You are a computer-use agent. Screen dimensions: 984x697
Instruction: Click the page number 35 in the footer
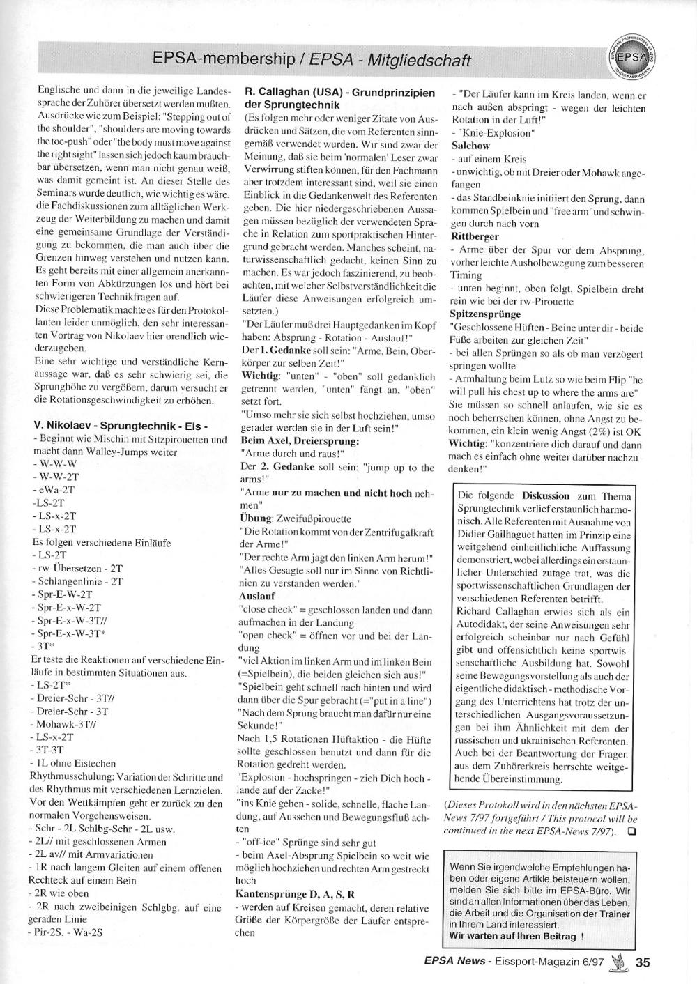pos(643,962)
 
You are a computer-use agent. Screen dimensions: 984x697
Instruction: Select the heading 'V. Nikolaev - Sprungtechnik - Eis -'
pos(121,426)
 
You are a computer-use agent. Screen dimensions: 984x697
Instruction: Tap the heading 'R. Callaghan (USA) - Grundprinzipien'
pos(340,92)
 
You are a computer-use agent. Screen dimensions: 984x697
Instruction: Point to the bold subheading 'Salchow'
pos(470,146)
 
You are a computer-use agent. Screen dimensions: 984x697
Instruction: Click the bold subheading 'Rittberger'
pos(475,236)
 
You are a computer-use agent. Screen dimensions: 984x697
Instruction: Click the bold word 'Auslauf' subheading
pos(257,596)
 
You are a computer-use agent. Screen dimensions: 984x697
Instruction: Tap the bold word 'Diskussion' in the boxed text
pos(546,495)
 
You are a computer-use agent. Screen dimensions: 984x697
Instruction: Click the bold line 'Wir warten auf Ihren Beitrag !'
pos(516,936)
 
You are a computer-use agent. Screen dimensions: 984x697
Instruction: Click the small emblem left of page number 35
pos(616,962)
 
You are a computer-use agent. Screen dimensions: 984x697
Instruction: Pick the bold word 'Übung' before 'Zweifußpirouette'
pos(254,519)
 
